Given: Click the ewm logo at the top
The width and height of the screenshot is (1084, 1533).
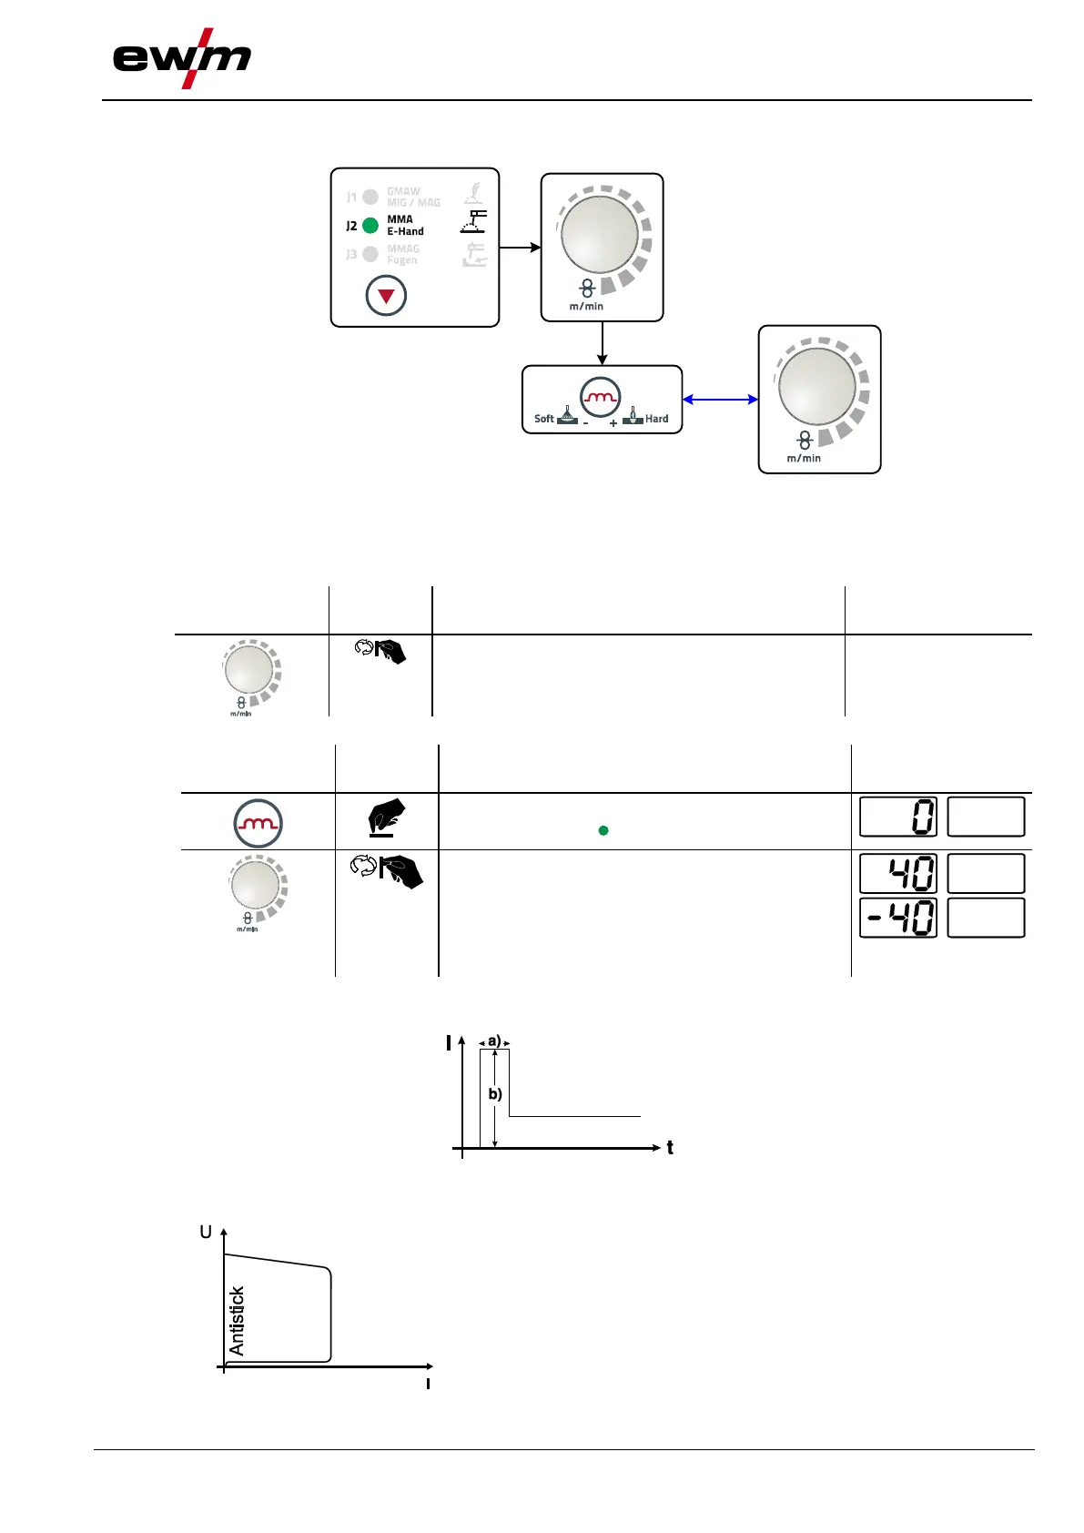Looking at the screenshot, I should (181, 58).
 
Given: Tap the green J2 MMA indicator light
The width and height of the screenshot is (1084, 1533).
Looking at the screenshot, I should (370, 226).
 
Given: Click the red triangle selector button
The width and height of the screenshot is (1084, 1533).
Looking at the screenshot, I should (386, 296).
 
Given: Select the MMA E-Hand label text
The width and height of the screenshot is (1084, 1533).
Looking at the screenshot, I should (405, 226).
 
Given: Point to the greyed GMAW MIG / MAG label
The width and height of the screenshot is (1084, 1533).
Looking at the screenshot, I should (412, 197).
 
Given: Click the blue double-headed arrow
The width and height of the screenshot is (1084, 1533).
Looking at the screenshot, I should (720, 399).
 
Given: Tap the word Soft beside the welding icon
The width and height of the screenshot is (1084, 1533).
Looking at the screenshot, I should (543, 419).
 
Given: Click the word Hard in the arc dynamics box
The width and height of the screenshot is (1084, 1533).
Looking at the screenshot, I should (656, 419).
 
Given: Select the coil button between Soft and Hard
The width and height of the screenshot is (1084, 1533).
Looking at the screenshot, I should (601, 397).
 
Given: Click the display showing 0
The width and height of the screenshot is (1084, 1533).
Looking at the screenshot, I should (898, 817).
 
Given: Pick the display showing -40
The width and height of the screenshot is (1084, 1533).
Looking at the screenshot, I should (898, 918).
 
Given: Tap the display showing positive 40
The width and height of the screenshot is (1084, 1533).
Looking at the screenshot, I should (898, 873).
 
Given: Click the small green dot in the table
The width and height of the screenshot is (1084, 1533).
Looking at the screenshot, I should (603, 830).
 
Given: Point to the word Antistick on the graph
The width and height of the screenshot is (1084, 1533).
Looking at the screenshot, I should (238, 1321).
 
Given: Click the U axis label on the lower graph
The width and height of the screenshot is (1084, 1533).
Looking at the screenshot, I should (206, 1233).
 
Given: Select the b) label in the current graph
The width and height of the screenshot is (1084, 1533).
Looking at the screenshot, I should (495, 1094).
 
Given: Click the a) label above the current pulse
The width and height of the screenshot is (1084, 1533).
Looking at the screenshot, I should (494, 1041).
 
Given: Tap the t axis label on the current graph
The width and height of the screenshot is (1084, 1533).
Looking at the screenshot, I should (670, 1148).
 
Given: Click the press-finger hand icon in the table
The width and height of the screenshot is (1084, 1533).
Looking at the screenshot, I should (387, 817).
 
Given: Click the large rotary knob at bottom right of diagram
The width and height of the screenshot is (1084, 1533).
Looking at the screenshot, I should (817, 387).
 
